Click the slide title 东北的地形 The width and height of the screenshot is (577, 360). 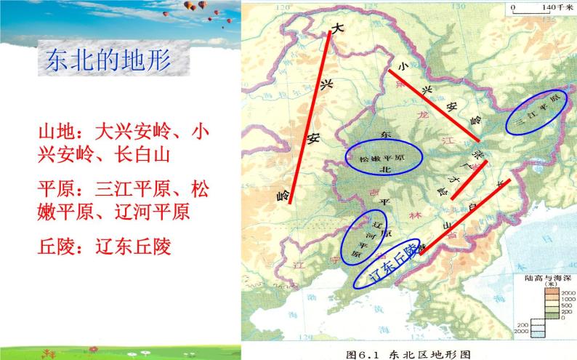(x=108, y=60)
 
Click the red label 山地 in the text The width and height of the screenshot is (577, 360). (x=55, y=133)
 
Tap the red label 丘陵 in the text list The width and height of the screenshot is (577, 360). (x=55, y=247)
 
